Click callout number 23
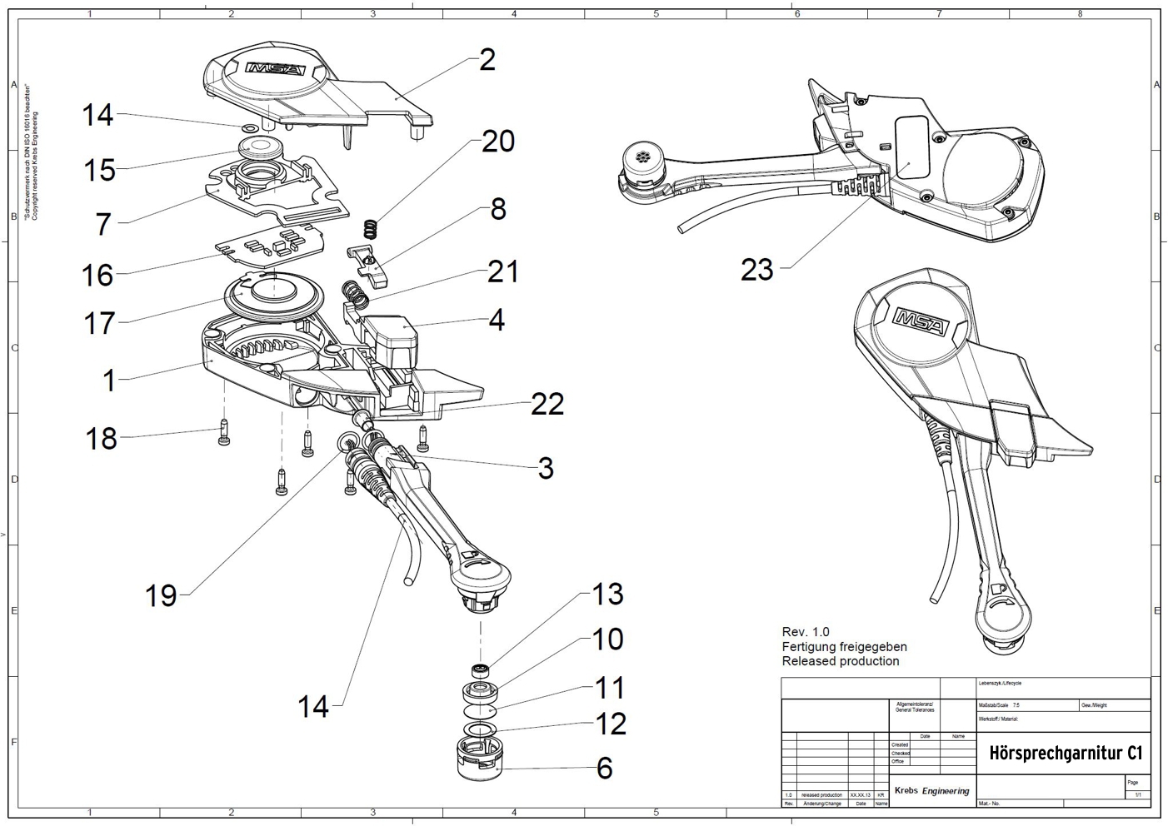(x=756, y=270)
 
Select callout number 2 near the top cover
(x=487, y=60)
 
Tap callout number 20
(x=498, y=142)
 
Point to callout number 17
(x=99, y=323)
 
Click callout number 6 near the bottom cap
(x=604, y=768)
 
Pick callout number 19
(x=161, y=595)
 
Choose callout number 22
(x=547, y=405)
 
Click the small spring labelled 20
(x=372, y=227)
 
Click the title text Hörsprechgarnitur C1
(x=1065, y=753)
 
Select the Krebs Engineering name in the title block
(x=931, y=790)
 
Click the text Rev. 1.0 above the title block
(x=806, y=632)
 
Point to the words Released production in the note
(x=841, y=661)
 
